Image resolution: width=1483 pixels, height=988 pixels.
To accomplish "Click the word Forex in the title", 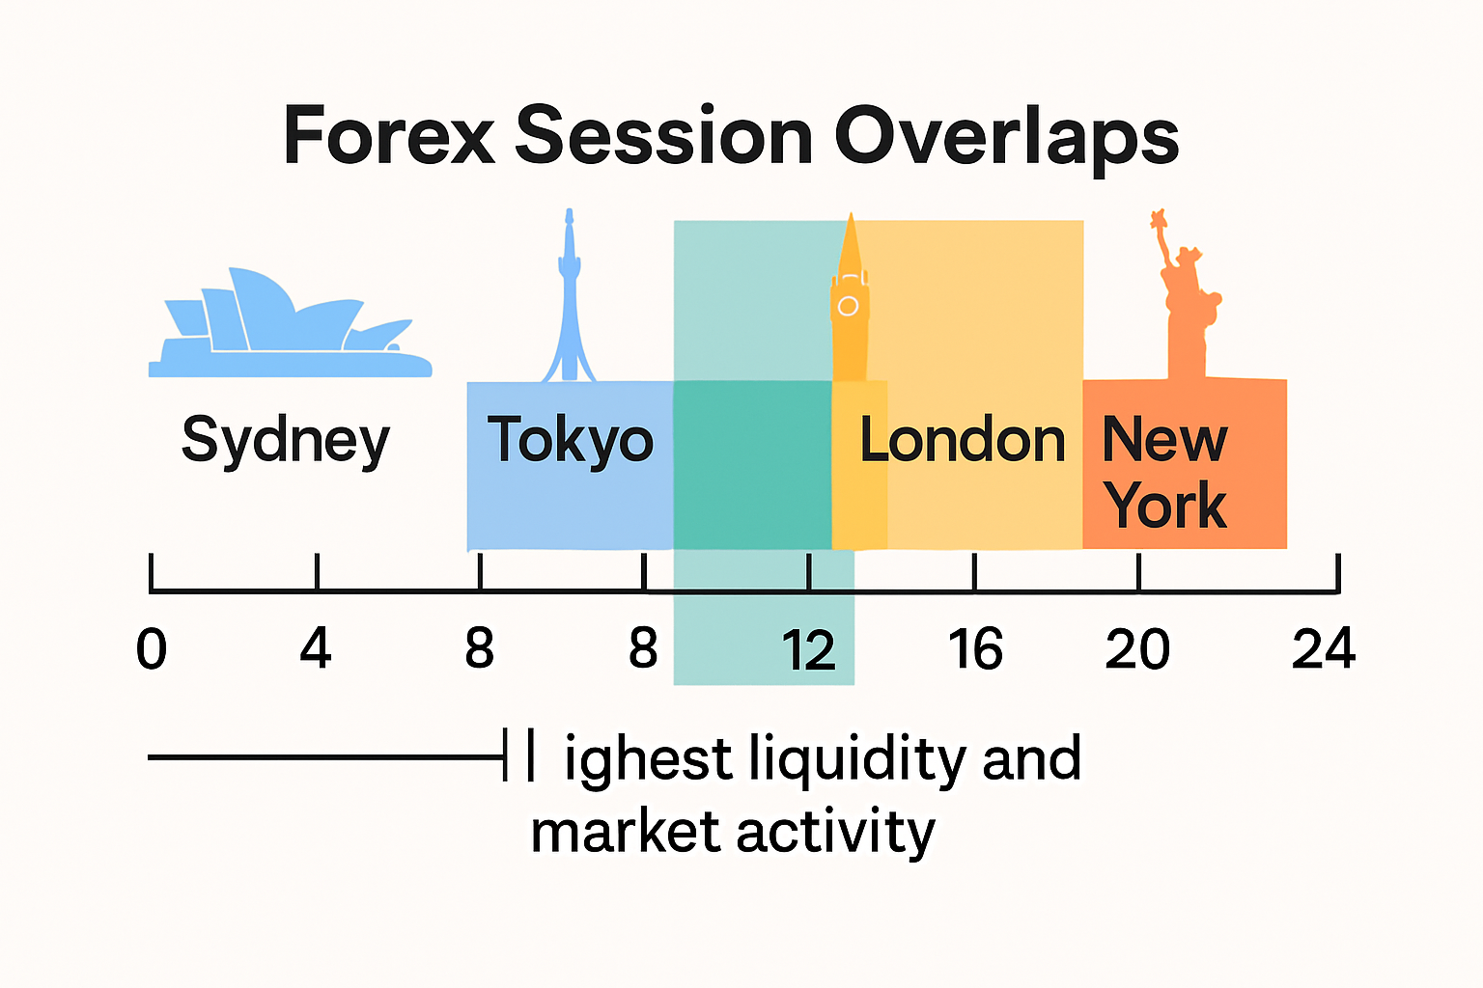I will click(388, 136).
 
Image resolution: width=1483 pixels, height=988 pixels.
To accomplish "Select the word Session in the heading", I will click(664, 136).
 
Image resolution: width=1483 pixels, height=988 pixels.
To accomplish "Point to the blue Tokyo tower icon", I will click(569, 299).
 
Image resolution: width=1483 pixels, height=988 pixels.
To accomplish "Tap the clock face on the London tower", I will click(848, 307).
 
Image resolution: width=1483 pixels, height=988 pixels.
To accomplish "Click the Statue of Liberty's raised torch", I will click(1159, 220).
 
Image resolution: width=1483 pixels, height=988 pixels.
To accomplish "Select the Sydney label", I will click(286, 442).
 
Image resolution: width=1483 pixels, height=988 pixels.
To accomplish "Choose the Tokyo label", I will click(570, 440).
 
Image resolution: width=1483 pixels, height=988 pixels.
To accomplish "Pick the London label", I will click(962, 440).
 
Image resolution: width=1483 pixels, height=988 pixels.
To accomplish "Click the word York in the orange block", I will click(1166, 505).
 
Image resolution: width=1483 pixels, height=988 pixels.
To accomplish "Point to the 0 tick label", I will click(152, 648).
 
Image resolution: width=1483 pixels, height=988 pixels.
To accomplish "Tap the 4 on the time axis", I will click(316, 648).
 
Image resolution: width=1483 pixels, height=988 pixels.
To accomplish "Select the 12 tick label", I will click(808, 650).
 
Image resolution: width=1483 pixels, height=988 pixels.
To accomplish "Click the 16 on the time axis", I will click(975, 648).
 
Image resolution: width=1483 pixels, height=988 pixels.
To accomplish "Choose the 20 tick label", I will click(1137, 648).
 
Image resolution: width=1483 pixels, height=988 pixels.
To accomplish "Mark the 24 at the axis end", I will click(1324, 648).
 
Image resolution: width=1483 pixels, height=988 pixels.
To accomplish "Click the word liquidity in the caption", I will click(857, 759).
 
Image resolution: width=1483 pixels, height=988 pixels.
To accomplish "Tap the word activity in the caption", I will click(836, 832).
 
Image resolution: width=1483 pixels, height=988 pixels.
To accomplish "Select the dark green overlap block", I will click(752, 465).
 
